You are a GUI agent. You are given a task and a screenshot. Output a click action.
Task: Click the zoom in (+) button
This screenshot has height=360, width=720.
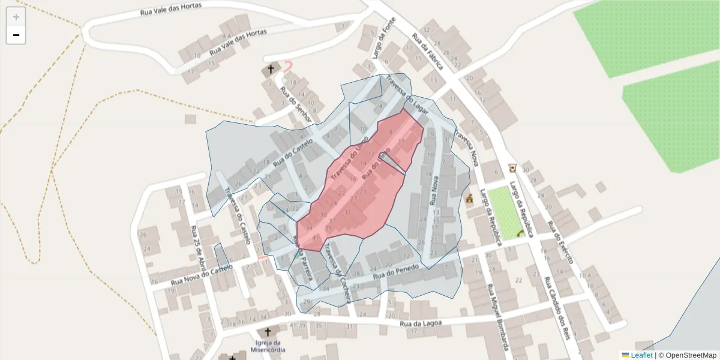point(16,17)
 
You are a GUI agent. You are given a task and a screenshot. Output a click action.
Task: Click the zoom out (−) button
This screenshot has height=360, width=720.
point(16,35)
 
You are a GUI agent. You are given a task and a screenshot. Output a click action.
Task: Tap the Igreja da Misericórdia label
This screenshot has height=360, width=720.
point(267,346)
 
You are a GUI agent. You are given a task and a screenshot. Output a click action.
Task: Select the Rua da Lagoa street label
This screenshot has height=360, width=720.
point(425,324)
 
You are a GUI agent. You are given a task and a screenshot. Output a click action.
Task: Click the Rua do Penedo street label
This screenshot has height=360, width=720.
point(395,272)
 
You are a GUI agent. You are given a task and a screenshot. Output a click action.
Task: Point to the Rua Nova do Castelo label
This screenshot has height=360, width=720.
point(201,275)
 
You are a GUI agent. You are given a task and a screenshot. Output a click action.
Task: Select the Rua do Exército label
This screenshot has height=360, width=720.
point(560,242)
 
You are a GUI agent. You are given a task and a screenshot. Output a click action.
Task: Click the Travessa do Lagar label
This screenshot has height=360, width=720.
point(409,89)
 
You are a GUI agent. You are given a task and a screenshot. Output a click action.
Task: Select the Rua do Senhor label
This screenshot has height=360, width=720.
point(296,106)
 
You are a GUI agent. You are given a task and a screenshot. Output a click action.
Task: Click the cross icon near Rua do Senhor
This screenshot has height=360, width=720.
point(270,70)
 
